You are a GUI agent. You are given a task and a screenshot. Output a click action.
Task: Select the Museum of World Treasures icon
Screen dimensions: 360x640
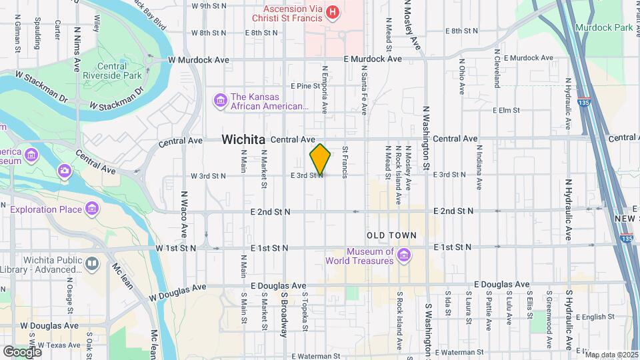(403, 255)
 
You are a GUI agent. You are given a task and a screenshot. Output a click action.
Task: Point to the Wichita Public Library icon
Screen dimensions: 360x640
(91, 264)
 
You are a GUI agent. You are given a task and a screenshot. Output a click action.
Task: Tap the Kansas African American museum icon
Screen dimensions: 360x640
(220, 101)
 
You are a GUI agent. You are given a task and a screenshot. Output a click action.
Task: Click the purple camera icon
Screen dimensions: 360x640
(64, 171)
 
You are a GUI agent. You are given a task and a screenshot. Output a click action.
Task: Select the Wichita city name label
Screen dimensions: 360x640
(243, 139)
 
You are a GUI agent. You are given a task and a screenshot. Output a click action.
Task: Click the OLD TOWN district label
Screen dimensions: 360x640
(391, 235)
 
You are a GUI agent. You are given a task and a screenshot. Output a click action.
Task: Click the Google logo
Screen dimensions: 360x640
(22, 351)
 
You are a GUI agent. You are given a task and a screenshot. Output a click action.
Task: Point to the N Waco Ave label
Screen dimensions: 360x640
(184, 215)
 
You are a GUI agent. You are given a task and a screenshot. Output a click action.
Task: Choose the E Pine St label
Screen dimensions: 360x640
(305, 86)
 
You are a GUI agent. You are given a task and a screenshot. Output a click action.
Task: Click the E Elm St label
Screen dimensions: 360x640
(505, 111)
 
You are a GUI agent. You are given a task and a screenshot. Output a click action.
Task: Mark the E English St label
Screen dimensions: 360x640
(595, 317)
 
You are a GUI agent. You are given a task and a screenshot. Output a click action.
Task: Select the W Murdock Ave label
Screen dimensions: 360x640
(199, 60)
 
